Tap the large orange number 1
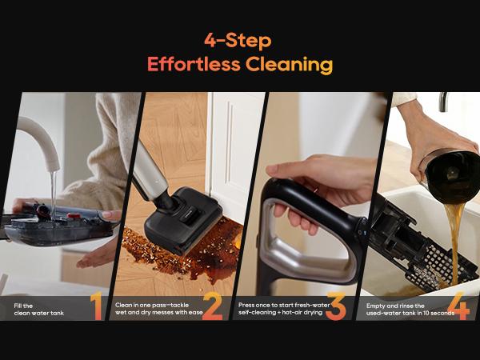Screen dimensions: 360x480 (96, 306)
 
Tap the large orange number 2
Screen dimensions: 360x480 (212, 306)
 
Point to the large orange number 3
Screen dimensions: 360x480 (334, 306)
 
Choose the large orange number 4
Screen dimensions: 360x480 (458, 306)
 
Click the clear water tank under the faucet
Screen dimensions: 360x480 (56, 228)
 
